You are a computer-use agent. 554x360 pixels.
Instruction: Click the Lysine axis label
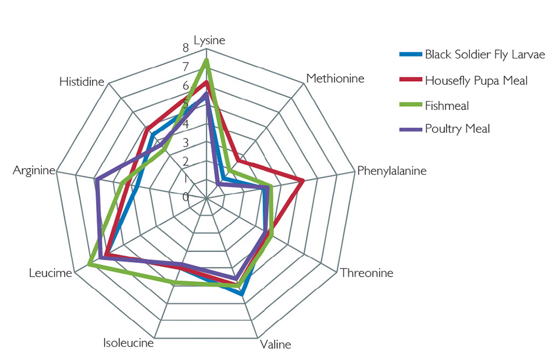[209, 40]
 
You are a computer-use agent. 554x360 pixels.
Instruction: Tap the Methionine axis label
[335, 78]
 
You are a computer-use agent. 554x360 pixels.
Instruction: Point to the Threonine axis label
[366, 273]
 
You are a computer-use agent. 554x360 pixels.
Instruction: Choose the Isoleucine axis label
[128, 342]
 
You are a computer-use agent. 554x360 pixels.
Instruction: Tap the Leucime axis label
[51, 273]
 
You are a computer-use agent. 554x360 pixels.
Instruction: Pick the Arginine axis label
[34, 170]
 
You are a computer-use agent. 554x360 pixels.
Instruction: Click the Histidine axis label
[82, 82]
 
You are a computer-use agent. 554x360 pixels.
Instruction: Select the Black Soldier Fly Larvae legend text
[485, 55]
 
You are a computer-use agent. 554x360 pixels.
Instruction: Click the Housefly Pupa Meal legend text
[476, 81]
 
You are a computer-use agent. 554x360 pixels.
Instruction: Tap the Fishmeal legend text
[447, 106]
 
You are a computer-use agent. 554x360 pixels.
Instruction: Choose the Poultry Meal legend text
[457, 129]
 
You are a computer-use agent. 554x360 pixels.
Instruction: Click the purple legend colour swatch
[410, 129]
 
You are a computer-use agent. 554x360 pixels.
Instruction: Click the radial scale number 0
[185, 197]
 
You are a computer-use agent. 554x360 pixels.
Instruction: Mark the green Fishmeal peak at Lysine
[206, 60]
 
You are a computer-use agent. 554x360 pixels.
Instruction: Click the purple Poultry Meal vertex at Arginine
[97, 180]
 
